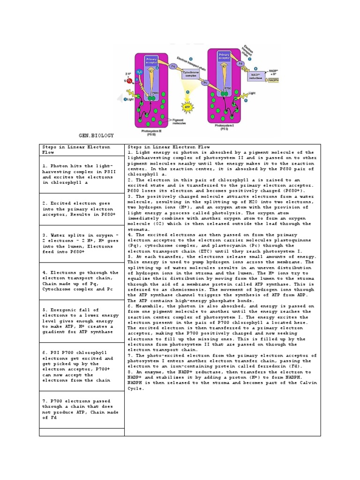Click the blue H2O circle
[x=140, y=72]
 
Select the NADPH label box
[x=274, y=81]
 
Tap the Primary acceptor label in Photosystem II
[x=151, y=61]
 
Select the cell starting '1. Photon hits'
[x=82, y=175]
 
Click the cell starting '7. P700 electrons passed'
[x=82, y=409]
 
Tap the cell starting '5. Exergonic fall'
[x=82, y=321]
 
